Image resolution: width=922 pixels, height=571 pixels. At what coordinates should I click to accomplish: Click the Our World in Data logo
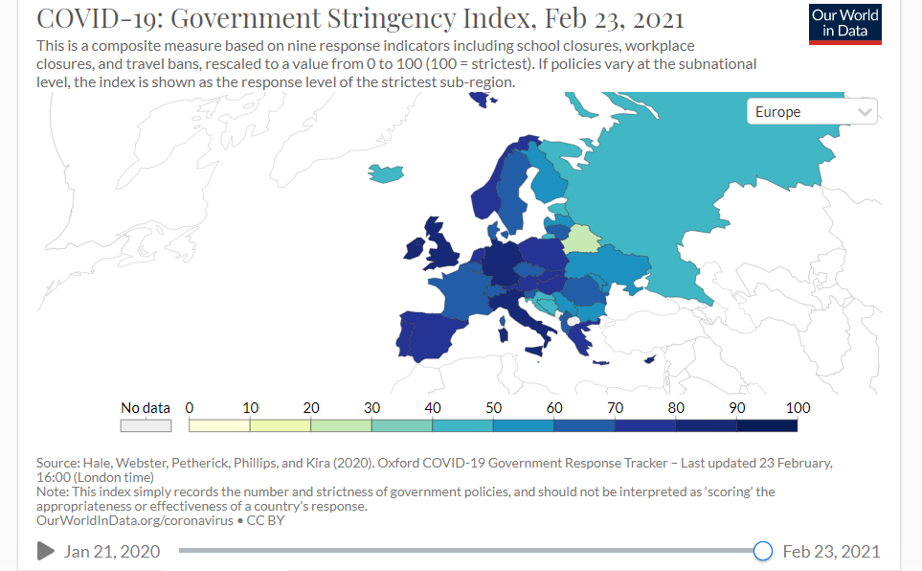tap(844, 23)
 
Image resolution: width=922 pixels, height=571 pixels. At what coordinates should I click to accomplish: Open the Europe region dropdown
tap(812, 112)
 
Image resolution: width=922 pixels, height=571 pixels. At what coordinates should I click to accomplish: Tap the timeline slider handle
tap(763, 551)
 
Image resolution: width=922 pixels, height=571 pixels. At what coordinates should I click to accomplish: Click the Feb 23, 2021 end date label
tap(831, 551)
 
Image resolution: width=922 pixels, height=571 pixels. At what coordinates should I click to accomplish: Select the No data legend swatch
tap(146, 425)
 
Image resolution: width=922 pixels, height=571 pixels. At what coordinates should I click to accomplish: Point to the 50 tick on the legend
tap(493, 408)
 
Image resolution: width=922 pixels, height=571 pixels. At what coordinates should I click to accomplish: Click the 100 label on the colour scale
tap(798, 408)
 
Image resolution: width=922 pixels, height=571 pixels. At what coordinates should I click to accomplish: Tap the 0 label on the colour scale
tap(190, 408)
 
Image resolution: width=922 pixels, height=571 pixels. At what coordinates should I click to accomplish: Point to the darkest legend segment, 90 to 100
tap(767, 425)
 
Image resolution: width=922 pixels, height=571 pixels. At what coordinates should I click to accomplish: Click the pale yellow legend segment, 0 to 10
tap(219, 425)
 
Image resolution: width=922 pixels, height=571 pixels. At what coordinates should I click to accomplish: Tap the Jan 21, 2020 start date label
tap(112, 551)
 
